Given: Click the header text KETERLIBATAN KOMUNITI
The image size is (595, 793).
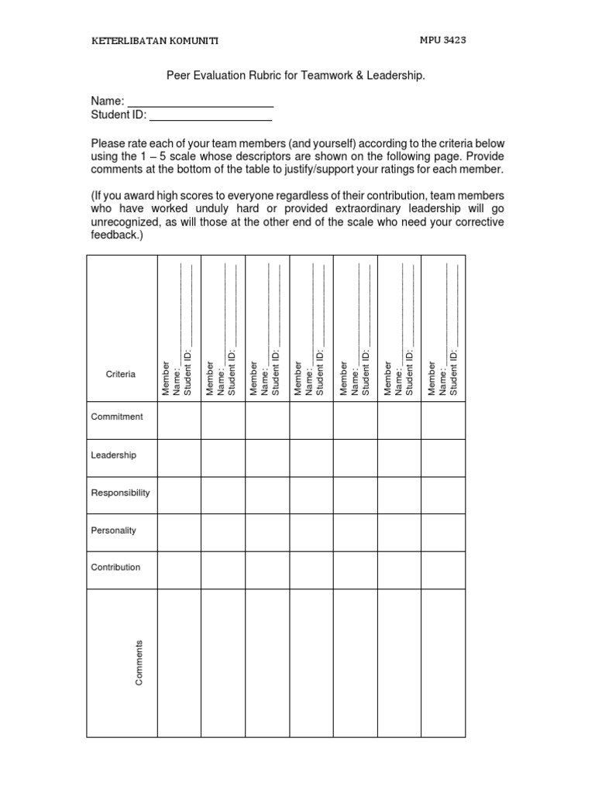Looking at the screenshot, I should (154, 41).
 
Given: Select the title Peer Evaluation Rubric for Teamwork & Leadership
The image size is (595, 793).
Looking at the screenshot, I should (297, 77).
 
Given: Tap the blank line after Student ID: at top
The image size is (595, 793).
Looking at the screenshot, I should (210, 118).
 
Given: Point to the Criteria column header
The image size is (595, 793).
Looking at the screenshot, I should (120, 374).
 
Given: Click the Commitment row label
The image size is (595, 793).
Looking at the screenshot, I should (117, 417).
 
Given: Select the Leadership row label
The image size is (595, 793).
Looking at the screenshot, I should (114, 455).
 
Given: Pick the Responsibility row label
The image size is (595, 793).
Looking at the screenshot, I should (120, 493).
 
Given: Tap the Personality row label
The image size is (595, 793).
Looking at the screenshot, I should (114, 530).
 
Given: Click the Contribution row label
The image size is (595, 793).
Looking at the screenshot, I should (116, 567).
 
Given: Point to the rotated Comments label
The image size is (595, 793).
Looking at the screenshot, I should (139, 662).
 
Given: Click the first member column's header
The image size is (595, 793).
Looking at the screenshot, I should (177, 329).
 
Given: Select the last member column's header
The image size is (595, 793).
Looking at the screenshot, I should (443, 329).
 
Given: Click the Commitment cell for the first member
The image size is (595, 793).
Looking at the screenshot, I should (179, 420).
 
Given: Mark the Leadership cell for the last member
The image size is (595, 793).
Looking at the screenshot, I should (443, 458).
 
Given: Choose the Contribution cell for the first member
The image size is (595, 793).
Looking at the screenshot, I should (179, 570).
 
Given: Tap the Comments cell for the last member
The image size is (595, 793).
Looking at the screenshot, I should (443, 663).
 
